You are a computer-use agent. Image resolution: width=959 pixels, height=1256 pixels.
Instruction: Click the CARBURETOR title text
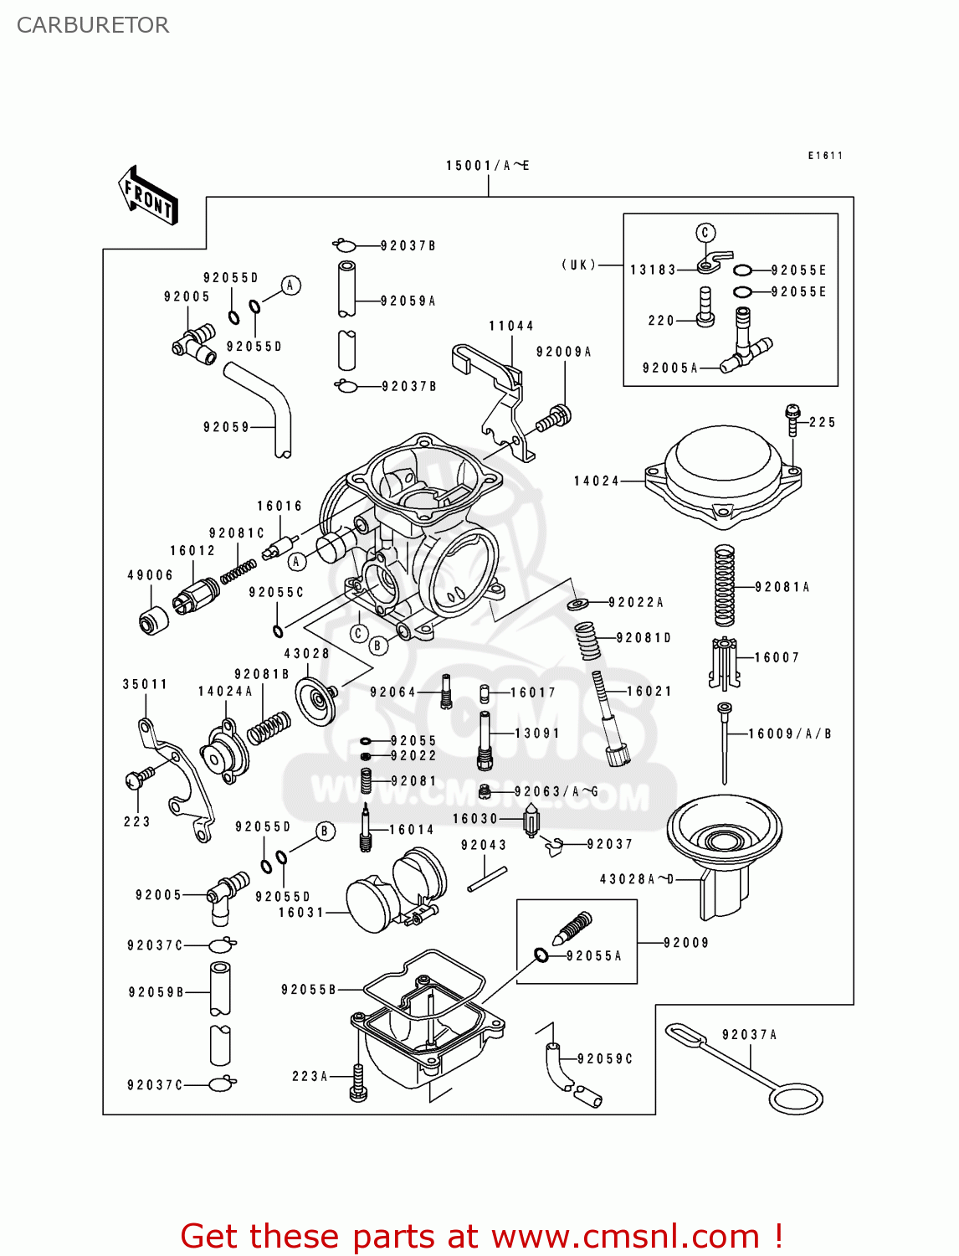tap(93, 25)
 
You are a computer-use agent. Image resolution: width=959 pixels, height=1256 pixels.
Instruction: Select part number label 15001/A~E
tap(487, 166)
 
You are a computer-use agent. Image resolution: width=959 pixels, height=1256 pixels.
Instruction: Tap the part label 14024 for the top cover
tap(597, 481)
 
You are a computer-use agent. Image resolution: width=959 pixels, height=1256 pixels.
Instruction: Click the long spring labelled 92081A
tap(724, 586)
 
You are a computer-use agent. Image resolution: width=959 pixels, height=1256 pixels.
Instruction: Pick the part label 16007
tap(777, 657)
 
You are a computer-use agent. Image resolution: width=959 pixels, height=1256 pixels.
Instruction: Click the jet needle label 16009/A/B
tap(789, 734)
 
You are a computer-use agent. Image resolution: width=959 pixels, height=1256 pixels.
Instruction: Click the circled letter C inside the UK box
tap(705, 233)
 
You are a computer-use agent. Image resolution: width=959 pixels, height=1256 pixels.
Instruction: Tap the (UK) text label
tap(579, 265)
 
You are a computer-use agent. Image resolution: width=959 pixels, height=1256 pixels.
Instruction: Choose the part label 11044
tap(511, 326)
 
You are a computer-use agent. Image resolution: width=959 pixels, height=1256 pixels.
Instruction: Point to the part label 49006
tap(150, 575)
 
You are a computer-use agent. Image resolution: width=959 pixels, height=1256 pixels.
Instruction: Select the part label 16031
tap(301, 912)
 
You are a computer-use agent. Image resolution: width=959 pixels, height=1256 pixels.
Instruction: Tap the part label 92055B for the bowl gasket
tap(308, 990)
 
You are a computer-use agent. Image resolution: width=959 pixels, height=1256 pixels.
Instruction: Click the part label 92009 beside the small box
tap(685, 943)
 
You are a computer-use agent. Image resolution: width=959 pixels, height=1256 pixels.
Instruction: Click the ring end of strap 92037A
tap(795, 1099)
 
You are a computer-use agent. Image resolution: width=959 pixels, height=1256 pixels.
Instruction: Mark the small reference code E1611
tap(825, 156)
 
